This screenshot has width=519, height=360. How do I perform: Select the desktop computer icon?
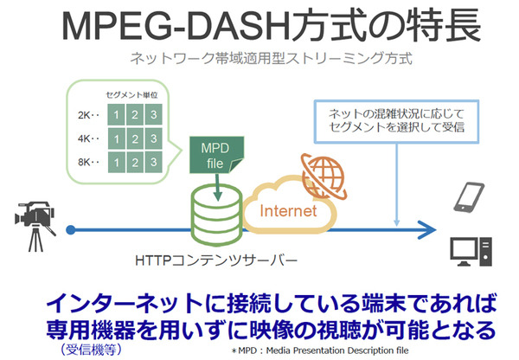click(x=469, y=251)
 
